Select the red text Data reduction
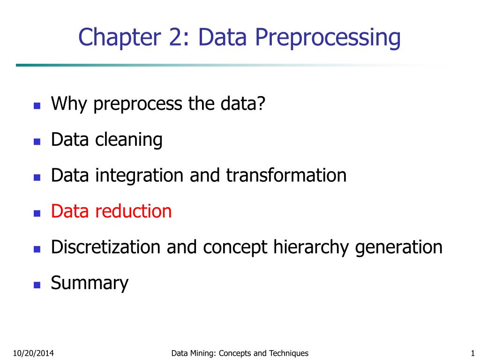pyautogui.click(x=111, y=211)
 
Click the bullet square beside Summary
pyautogui.click(x=37, y=285)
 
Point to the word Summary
pyautogui.click(x=89, y=283)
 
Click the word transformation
pyautogui.click(x=286, y=176)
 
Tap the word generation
pyautogui.click(x=398, y=247)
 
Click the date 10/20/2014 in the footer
pyautogui.click(x=33, y=353)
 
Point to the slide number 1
pyautogui.click(x=472, y=353)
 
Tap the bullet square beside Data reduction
pyautogui.click(x=37, y=213)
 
